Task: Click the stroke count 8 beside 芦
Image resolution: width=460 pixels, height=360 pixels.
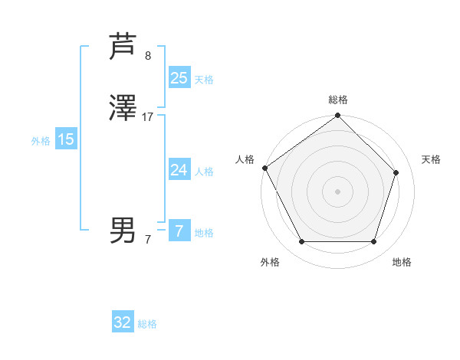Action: coord(148,55)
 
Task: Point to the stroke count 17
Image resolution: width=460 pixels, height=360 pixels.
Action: coord(148,117)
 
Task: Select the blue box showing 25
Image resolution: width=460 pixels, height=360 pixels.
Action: coord(179,77)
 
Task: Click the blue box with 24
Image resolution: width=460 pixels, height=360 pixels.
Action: coord(179,170)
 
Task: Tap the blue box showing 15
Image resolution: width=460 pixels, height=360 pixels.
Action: coord(66,139)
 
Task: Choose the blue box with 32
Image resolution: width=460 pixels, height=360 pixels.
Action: coord(123,322)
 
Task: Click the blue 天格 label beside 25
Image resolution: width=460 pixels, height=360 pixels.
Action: coord(204,79)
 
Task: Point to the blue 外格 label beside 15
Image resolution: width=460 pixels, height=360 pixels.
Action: coord(41,141)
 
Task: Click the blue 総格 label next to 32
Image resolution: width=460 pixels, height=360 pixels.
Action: coord(147,324)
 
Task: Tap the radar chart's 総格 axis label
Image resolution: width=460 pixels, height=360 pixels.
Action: coord(338,100)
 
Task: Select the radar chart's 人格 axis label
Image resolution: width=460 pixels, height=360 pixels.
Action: coord(245,159)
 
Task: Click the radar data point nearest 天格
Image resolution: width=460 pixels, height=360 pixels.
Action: coord(396,172)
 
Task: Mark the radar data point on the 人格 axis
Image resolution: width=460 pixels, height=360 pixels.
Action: coord(264,168)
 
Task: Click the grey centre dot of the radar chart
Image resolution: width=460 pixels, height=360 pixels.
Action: coord(338,191)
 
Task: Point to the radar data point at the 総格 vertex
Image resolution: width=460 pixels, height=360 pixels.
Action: coord(338,116)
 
